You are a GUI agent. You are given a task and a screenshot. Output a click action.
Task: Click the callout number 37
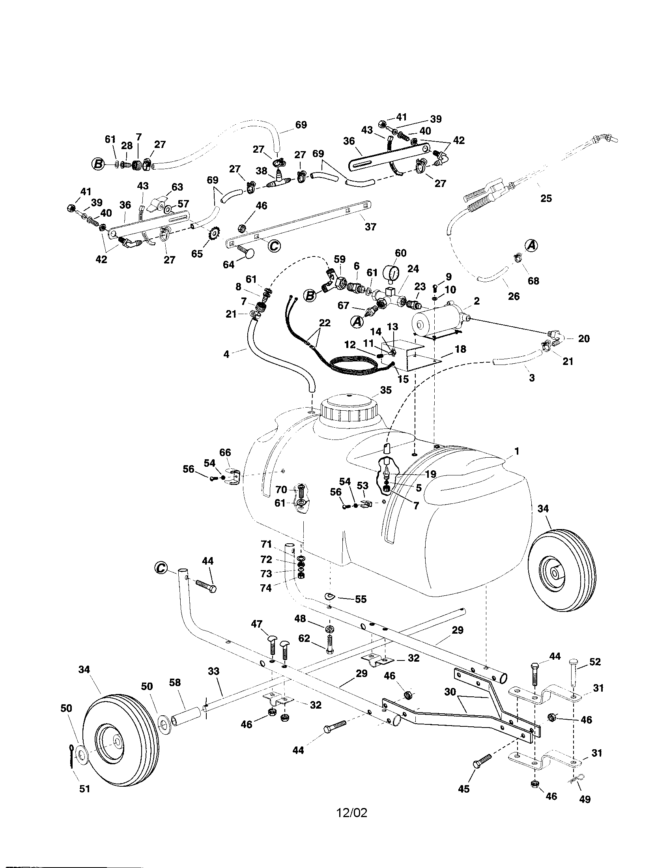(370, 227)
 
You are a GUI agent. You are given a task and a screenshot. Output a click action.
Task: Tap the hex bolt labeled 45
(481, 764)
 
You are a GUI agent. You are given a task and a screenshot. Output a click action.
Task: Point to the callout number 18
(460, 349)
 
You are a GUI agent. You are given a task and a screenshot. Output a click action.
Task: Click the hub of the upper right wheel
(554, 572)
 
